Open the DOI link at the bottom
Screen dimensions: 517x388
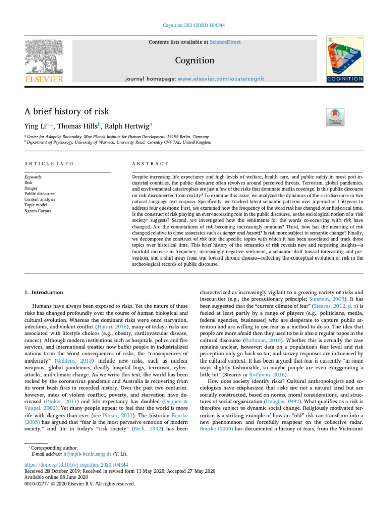pos(76,463)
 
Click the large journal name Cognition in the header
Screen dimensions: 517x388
pos(193,61)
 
